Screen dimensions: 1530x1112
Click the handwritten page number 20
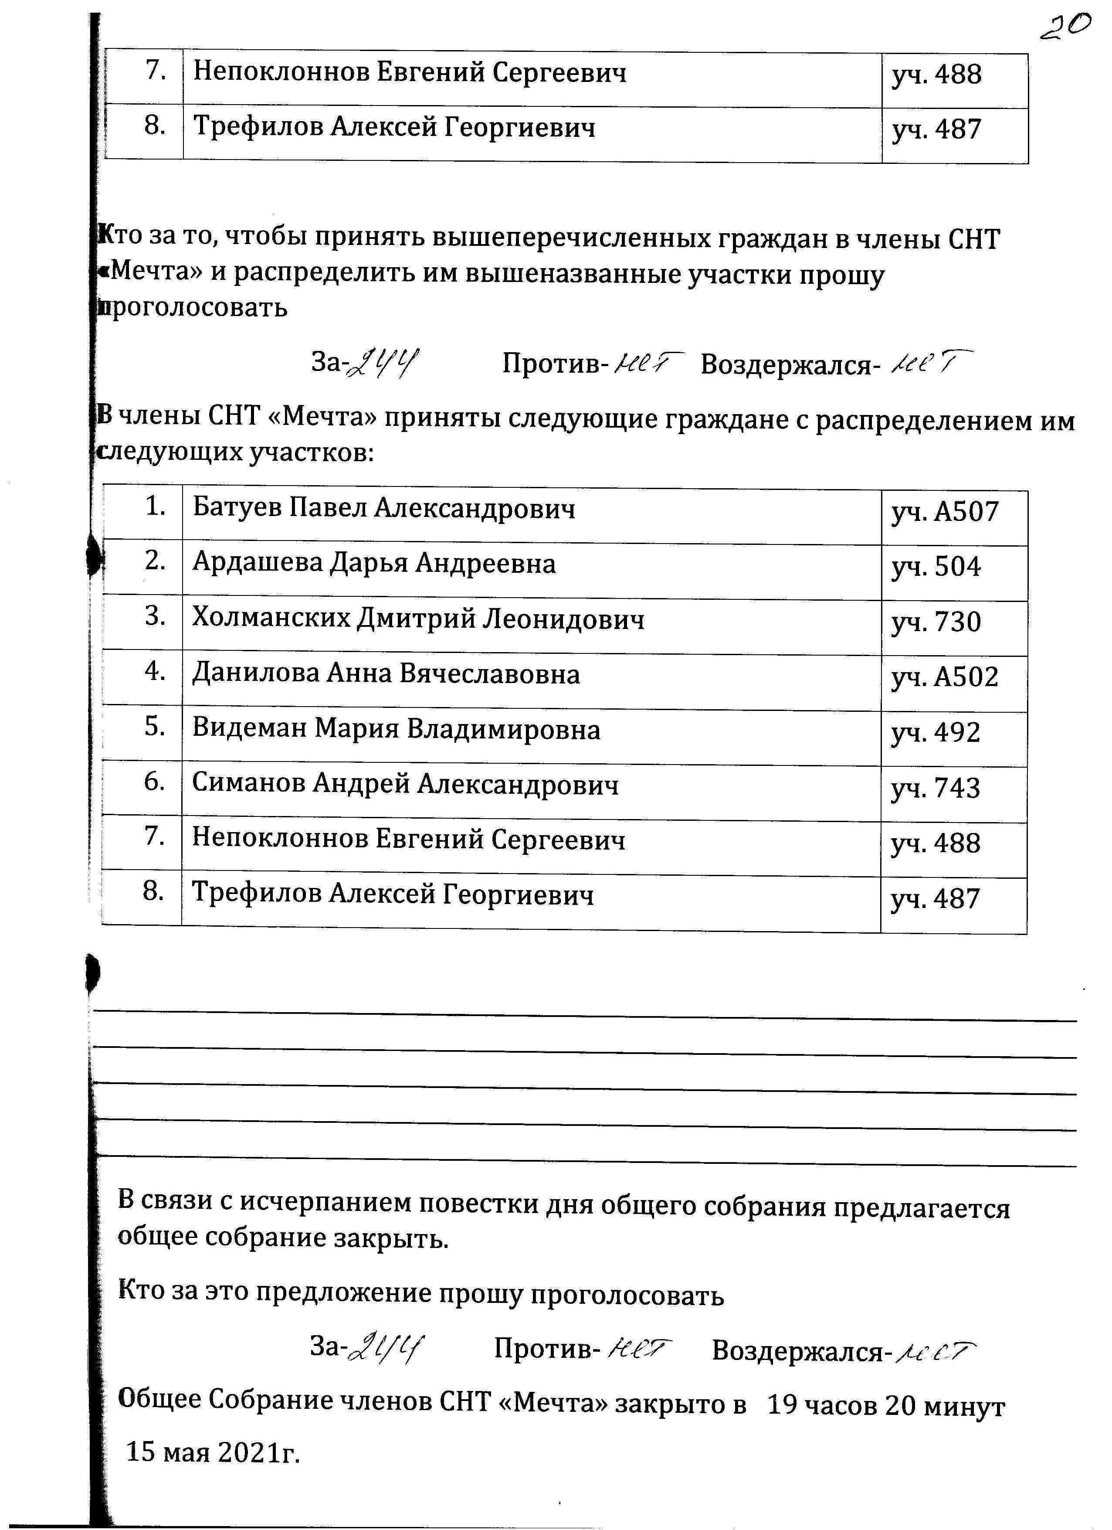coord(1064,28)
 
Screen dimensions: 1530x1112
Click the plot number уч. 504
coord(936,568)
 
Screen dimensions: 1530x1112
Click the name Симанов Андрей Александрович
coord(405,785)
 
